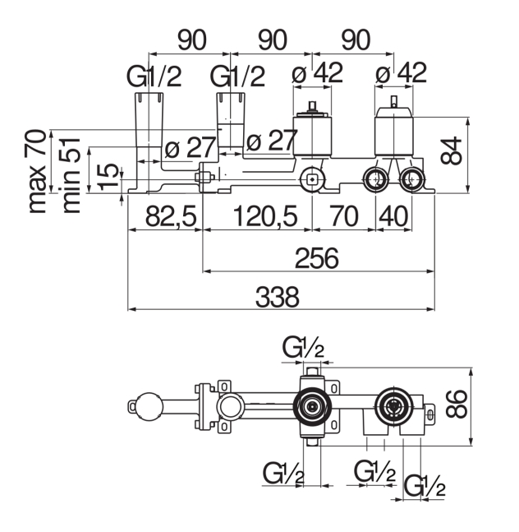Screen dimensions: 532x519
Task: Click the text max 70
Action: (x=37, y=170)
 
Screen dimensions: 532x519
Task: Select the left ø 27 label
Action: (x=189, y=147)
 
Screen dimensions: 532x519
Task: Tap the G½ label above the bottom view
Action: (x=303, y=349)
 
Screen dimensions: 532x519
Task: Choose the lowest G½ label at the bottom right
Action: (x=425, y=487)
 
